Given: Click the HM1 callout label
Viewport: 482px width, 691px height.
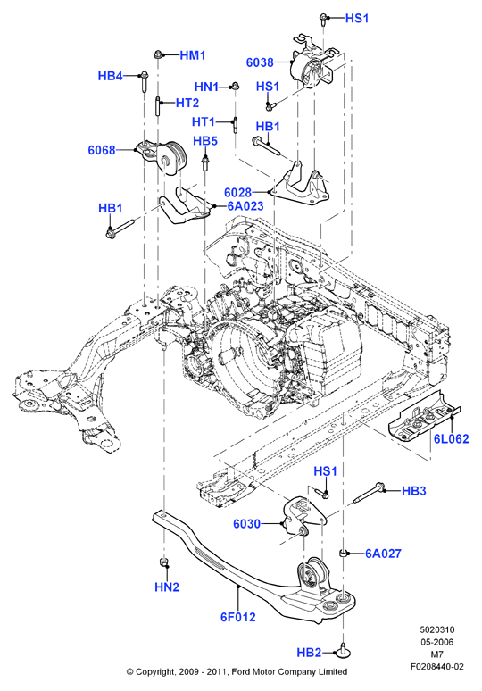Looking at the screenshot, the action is point(193,55).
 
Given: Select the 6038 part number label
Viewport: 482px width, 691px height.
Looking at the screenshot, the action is point(260,62).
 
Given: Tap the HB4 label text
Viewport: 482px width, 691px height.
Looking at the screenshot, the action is point(110,76).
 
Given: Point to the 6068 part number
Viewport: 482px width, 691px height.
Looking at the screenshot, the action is point(102,150).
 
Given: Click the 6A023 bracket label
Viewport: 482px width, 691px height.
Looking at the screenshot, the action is point(245,206).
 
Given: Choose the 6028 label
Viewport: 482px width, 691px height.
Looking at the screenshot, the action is point(238,192).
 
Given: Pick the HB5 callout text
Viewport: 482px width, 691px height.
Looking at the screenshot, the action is point(205,141).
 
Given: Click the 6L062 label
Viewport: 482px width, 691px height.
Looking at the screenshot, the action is point(452,438).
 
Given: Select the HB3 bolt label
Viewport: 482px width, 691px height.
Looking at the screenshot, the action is point(413,491).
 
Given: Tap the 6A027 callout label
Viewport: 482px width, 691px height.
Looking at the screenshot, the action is point(383,554).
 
